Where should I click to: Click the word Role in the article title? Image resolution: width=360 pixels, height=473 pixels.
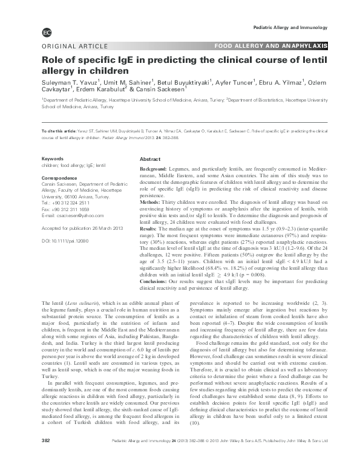(x=53, y=60)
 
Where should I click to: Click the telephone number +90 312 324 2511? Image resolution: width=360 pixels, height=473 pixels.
(x=67, y=203)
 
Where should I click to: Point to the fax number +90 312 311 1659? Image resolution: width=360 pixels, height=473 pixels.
(x=68, y=209)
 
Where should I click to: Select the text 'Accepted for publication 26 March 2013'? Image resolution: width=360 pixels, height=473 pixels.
(x=77, y=228)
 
